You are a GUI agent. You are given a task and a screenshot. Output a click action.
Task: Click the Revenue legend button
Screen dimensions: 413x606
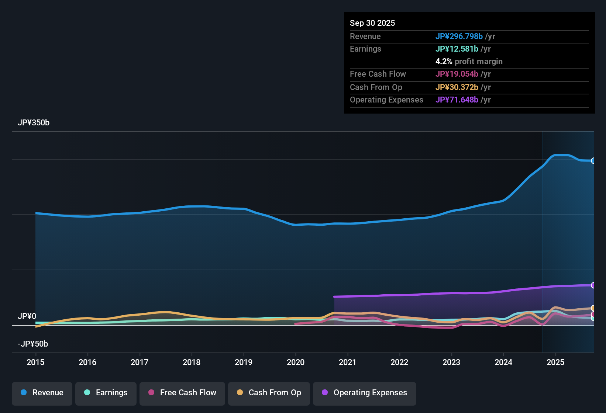point(42,393)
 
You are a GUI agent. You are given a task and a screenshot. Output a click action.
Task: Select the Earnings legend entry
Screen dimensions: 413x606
point(106,393)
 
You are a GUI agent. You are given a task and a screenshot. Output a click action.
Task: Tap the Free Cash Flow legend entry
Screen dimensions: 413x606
point(182,393)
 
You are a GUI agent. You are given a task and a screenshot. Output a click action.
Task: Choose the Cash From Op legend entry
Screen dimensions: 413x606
point(269,393)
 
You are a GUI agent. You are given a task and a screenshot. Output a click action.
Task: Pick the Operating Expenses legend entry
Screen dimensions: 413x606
point(365,393)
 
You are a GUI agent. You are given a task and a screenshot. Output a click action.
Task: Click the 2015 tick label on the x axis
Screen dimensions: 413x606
point(35,362)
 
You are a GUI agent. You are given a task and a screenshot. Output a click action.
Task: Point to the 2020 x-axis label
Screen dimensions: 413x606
point(296,362)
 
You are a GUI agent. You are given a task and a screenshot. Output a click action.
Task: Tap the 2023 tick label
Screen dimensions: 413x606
point(451,362)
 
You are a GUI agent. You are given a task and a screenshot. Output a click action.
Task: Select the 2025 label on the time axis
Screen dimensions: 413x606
point(555,362)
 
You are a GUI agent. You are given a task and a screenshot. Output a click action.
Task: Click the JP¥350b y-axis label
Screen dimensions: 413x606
point(34,123)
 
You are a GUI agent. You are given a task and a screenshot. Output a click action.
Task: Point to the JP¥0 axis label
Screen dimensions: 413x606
point(27,316)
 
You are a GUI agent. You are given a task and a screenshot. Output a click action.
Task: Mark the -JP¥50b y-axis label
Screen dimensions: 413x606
point(33,344)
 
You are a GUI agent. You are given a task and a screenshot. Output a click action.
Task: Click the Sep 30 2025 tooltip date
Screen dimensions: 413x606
point(372,23)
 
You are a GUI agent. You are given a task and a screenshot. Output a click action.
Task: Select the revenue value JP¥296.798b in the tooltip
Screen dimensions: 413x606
point(459,36)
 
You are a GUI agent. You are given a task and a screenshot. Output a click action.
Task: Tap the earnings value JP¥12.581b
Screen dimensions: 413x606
point(457,49)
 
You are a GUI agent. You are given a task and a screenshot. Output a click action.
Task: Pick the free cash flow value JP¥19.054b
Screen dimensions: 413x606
point(457,74)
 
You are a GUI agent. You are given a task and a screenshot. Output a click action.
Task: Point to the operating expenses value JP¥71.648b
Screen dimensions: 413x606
point(457,100)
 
